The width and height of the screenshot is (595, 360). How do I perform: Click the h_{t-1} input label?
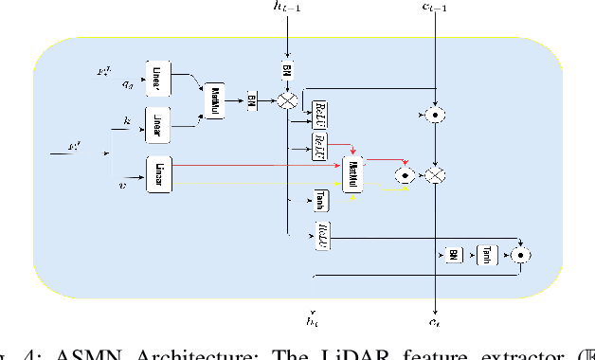(x=285, y=11)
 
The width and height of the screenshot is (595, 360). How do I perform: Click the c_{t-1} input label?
(x=435, y=11)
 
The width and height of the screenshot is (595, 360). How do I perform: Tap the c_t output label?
(x=435, y=322)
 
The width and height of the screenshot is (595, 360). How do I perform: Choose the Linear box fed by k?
(x=158, y=123)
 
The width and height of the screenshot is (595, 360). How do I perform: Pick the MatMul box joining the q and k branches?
(x=216, y=98)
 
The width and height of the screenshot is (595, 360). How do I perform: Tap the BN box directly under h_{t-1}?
(x=285, y=70)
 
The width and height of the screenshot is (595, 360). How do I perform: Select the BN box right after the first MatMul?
(x=252, y=99)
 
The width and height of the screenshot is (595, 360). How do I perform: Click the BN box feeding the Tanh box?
(x=454, y=254)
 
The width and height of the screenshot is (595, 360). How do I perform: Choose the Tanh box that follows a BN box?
(x=485, y=254)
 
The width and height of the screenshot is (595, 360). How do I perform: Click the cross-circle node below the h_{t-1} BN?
(x=285, y=99)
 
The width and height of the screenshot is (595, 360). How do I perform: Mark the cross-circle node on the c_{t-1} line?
(x=435, y=175)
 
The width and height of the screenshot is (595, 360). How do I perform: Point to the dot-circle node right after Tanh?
(x=519, y=254)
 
